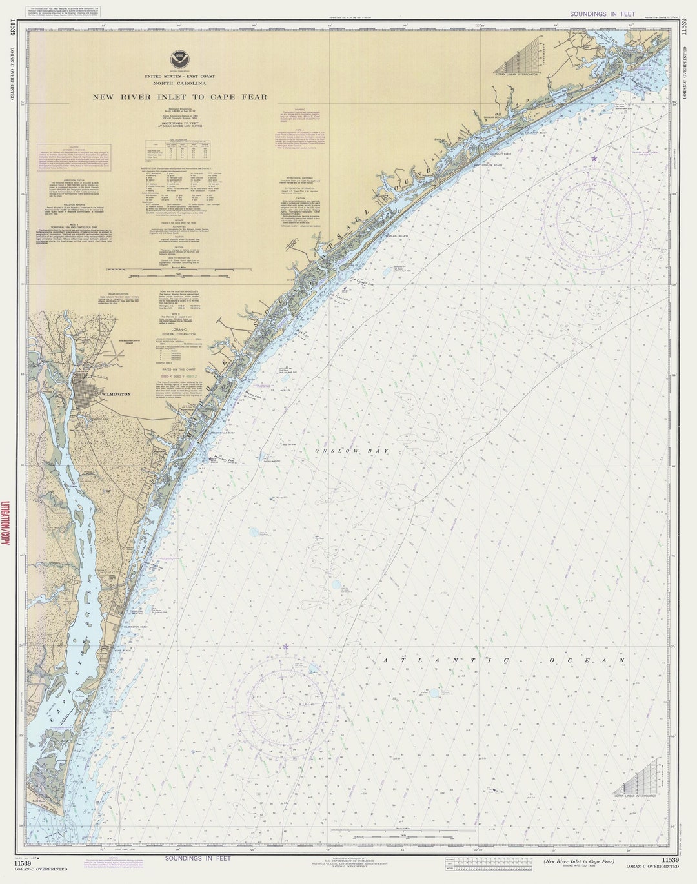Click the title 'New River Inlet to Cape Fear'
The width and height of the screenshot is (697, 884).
click(x=179, y=97)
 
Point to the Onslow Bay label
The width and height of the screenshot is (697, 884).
click(x=351, y=451)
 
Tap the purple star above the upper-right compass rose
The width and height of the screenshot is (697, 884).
click(x=594, y=158)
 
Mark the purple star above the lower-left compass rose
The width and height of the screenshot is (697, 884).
click(x=285, y=646)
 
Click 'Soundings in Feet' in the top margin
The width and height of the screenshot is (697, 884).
click(x=593, y=14)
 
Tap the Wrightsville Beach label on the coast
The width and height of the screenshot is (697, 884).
click(x=223, y=433)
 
